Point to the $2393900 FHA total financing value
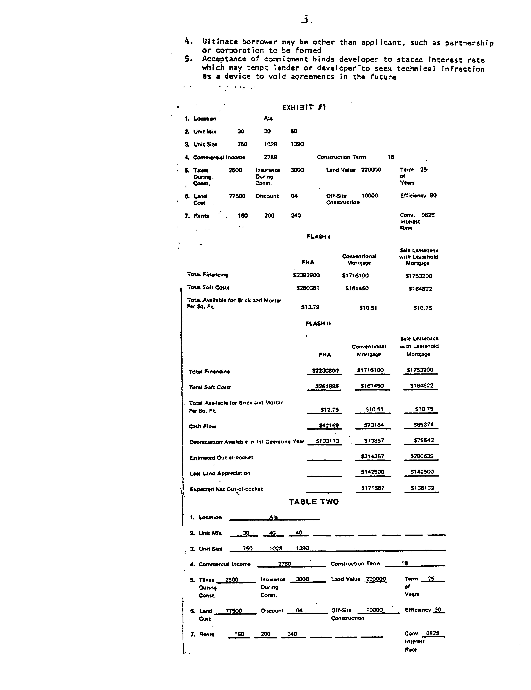(306, 275)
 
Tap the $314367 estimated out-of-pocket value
(372, 456)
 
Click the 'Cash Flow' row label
(202, 426)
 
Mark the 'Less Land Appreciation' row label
(220, 473)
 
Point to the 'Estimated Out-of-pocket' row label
(221, 457)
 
